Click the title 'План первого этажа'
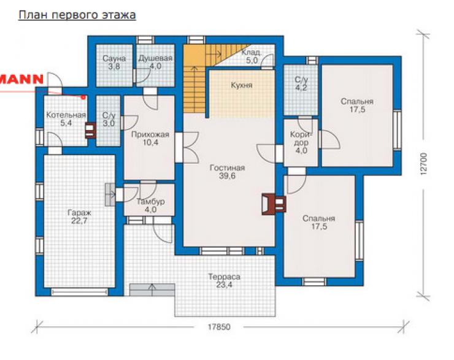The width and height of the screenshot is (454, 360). click(x=77, y=15)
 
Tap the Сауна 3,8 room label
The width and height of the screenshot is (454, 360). click(x=114, y=63)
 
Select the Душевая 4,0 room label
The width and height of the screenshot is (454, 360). click(x=155, y=62)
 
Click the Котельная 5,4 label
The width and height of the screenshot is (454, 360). click(x=66, y=119)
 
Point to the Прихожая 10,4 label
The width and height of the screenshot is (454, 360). click(x=150, y=139)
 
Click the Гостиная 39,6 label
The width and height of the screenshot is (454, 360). click(x=227, y=172)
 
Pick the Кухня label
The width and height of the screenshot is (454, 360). click(x=242, y=85)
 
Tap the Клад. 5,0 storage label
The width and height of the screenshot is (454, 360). click(x=251, y=56)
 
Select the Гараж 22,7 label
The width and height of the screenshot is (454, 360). click(x=79, y=216)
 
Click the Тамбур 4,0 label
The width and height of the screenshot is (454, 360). click(x=150, y=205)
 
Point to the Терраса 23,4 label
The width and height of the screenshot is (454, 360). click(x=224, y=281)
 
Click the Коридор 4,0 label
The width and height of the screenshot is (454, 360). click(x=301, y=142)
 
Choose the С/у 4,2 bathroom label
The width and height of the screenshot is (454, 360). click(x=301, y=83)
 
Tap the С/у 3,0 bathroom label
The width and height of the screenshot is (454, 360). click(x=109, y=119)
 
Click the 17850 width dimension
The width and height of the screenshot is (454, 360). click(x=219, y=327)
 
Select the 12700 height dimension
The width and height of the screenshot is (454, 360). click(x=423, y=164)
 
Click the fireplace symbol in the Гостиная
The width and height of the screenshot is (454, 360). click(x=274, y=204)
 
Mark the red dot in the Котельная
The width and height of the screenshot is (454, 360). click(x=83, y=98)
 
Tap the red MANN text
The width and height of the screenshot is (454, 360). click(x=21, y=79)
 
